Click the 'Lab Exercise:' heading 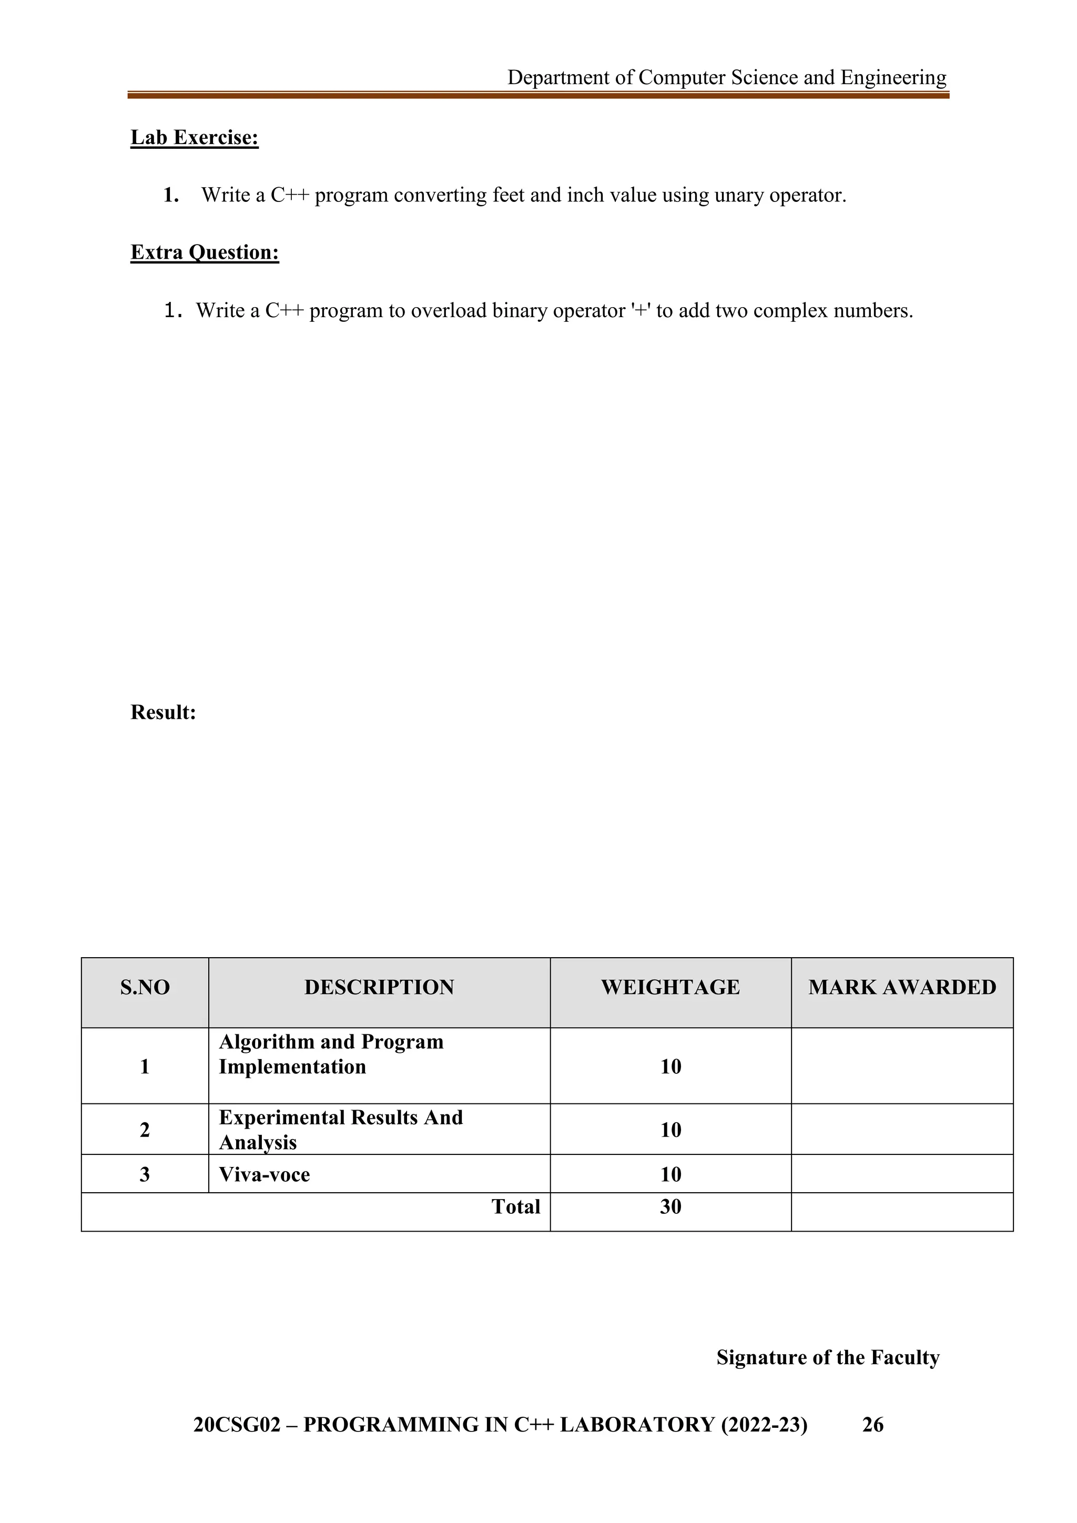[x=194, y=137]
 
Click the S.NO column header [x=145, y=987]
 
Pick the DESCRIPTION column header [x=379, y=987]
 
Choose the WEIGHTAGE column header [x=670, y=987]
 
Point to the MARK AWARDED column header [x=902, y=987]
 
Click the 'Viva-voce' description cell [x=264, y=1175]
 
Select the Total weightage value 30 [x=670, y=1206]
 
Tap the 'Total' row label [x=515, y=1206]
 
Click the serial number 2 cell [x=145, y=1130]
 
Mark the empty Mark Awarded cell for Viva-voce [x=902, y=1174]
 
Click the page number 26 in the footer [x=873, y=1425]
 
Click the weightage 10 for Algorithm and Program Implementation [x=670, y=1067]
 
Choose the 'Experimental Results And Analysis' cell [x=341, y=1130]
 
